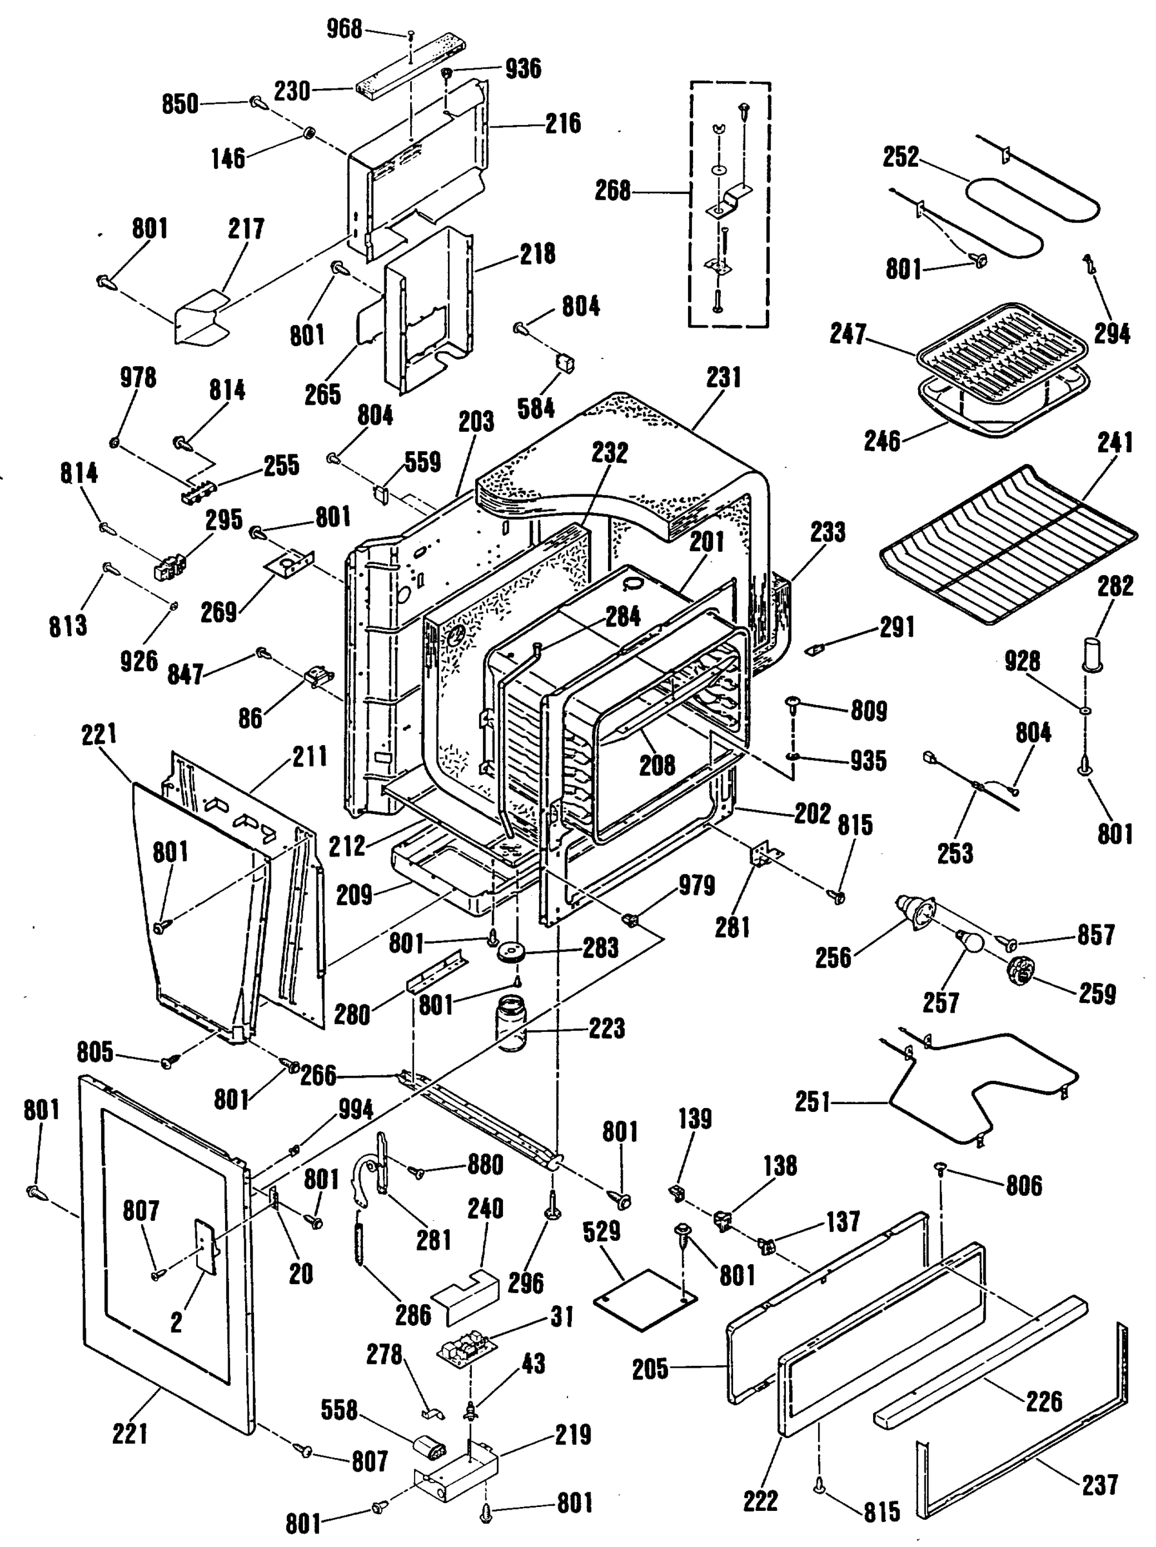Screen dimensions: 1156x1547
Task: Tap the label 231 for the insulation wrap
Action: tap(723, 378)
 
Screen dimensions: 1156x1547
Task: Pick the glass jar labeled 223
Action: tap(512, 1027)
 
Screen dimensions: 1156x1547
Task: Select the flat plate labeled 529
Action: tap(645, 1298)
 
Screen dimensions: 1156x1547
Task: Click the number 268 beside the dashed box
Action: tap(612, 190)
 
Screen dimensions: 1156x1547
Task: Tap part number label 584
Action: tap(536, 409)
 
